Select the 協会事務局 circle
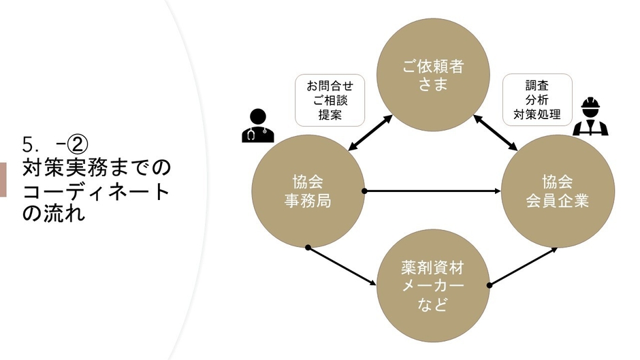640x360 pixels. point(308,191)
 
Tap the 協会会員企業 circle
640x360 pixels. point(558,191)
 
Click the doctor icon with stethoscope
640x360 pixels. point(257,126)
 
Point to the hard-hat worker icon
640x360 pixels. point(590,117)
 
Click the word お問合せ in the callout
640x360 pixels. point(330,86)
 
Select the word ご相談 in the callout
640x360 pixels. point(330,101)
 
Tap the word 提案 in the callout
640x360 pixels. point(330,115)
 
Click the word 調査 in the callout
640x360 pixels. point(537,86)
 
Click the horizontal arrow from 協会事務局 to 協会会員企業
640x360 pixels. point(432,191)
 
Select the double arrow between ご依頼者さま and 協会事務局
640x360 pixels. point(371,133)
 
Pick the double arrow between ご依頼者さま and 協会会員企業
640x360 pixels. point(495,133)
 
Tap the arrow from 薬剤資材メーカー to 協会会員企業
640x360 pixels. point(523,266)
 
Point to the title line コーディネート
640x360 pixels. point(95,191)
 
